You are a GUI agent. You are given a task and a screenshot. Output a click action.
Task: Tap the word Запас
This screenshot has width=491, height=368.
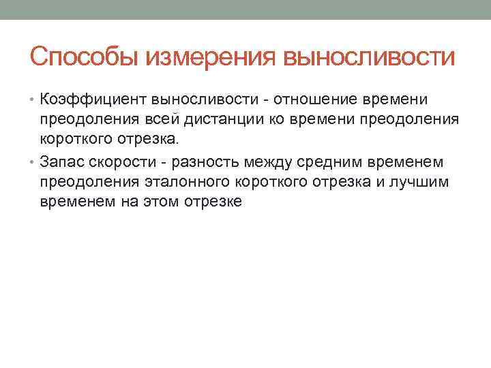click(x=62, y=162)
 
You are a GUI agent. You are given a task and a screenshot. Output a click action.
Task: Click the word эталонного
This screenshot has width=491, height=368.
click(x=190, y=182)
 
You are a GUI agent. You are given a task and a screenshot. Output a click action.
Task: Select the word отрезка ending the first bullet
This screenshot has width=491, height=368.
click(x=149, y=140)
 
